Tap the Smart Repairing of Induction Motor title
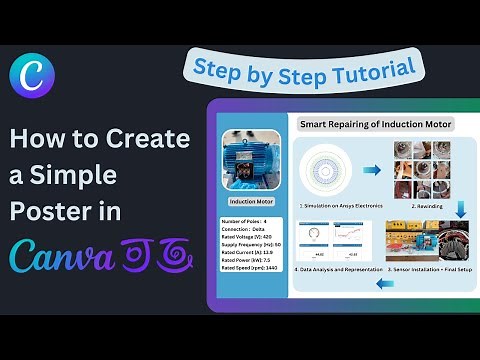[x=376, y=125]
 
